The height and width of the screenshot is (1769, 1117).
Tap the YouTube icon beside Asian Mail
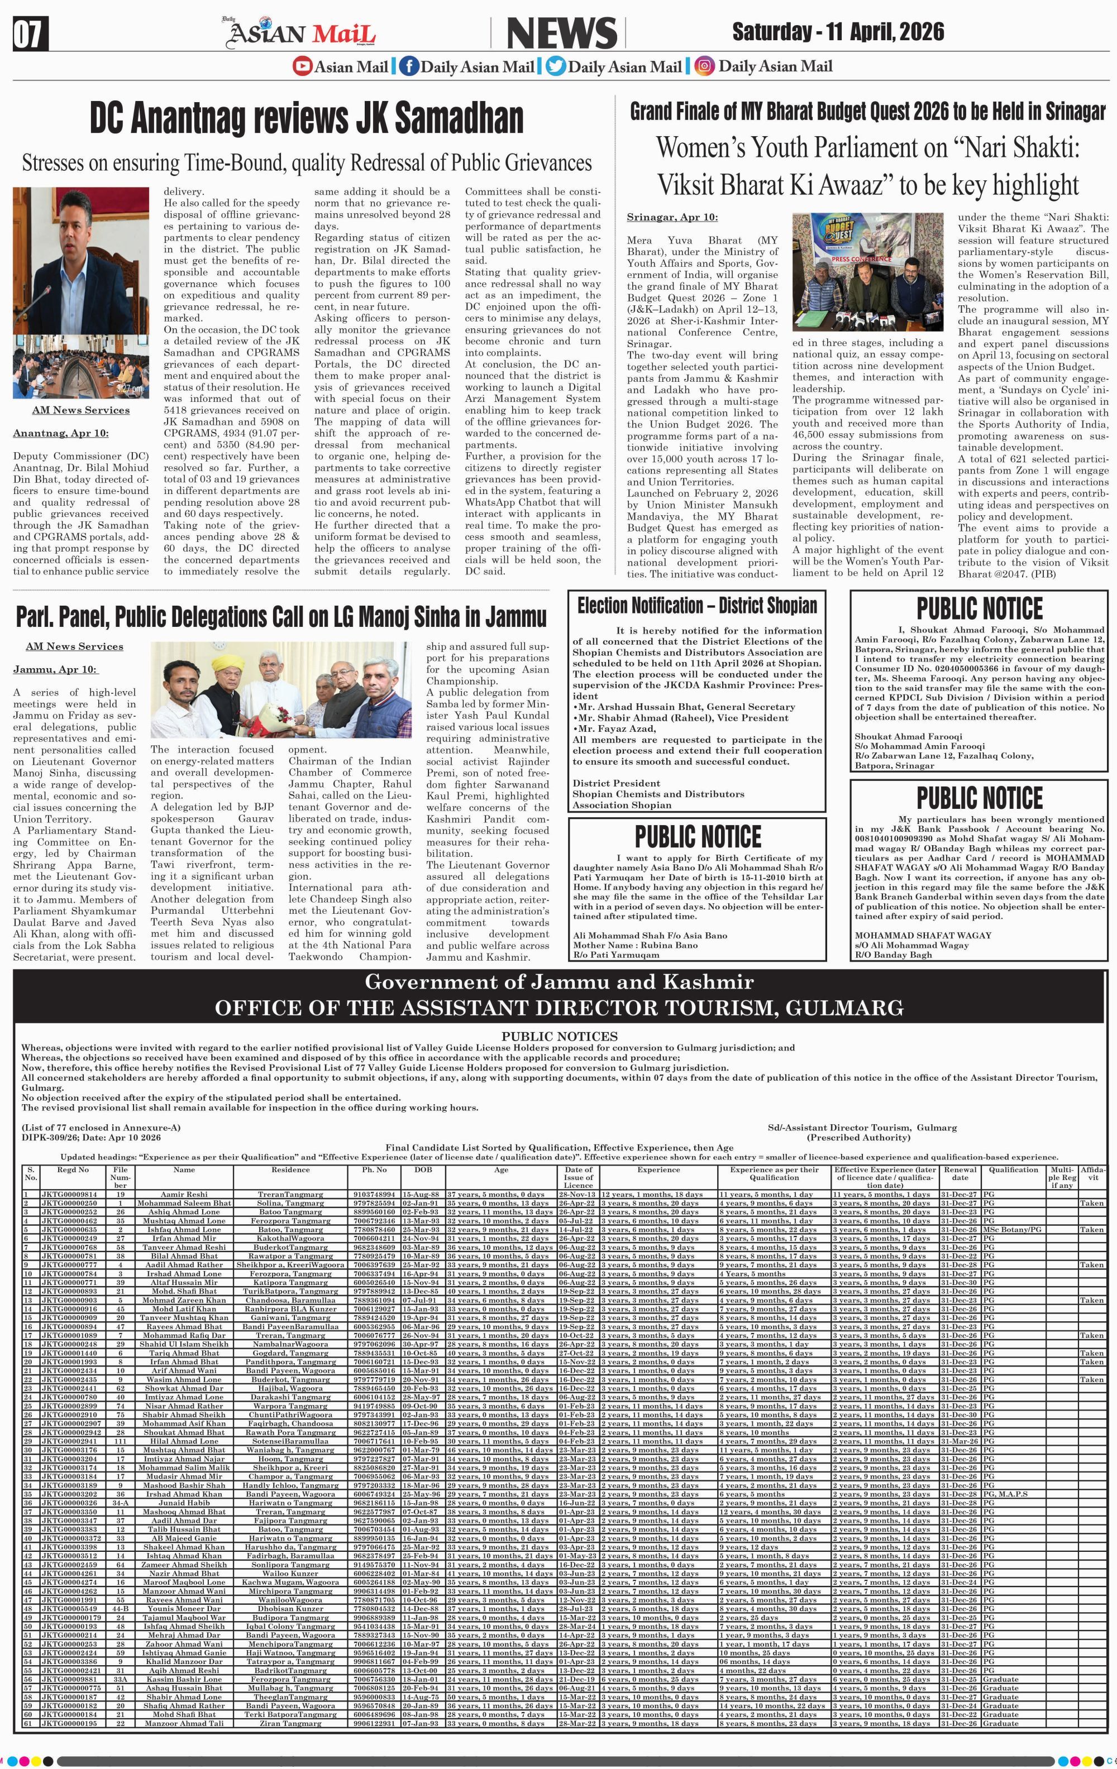(x=302, y=66)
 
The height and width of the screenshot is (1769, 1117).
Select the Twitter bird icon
(x=556, y=66)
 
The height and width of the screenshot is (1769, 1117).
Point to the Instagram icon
(x=704, y=66)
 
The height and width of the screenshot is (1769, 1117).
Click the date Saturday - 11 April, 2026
(x=838, y=32)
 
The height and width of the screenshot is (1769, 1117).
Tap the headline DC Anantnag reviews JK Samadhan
(x=307, y=118)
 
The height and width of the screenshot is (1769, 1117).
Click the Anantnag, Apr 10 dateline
(x=60, y=433)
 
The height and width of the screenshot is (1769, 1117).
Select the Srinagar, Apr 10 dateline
(x=672, y=217)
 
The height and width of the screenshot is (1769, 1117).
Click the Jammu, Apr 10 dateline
(x=54, y=669)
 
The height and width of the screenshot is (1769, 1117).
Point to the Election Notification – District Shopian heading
(x=696, y=606)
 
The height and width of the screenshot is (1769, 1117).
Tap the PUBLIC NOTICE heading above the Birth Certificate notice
(x=698, y=837)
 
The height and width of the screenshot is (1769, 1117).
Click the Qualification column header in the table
(x=1013, y=1170)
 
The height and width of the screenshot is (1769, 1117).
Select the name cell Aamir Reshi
(x=184, y=1195)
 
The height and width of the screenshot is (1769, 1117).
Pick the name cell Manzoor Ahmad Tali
(x=184, y=1723)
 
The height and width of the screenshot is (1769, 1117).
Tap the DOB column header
(x=423, y=1170)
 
